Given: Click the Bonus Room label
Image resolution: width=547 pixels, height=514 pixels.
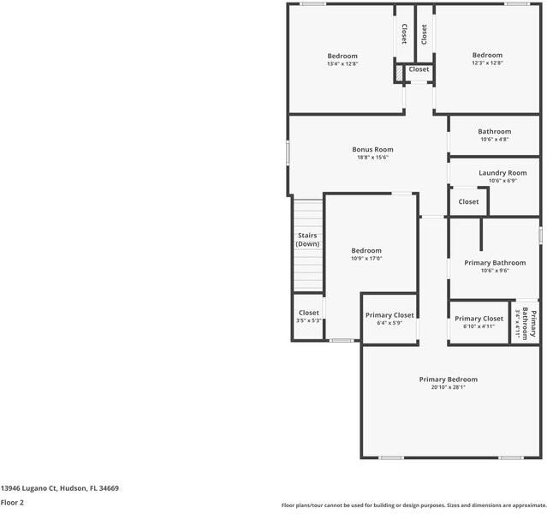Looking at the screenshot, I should pos(372,149).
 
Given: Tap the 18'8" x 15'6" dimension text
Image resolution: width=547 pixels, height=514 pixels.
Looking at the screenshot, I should pos(372,158).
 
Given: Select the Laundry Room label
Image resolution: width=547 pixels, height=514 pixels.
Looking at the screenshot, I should pos(502,172).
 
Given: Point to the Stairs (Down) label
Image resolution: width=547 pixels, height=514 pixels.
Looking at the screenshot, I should pos(307,239).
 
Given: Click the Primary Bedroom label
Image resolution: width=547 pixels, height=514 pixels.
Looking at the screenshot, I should pos(448,379).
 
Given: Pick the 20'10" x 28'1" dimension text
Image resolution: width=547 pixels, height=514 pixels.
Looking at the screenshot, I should pos(448,387).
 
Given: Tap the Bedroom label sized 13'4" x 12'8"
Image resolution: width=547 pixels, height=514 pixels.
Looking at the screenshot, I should pos(342,56).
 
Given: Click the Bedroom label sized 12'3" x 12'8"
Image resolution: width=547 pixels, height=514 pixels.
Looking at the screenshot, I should pos(487,56).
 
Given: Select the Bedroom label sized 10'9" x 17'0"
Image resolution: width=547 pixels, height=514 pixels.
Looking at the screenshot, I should pos(366,250).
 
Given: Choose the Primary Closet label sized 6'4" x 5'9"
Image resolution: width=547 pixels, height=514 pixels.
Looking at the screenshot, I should pos(389,314).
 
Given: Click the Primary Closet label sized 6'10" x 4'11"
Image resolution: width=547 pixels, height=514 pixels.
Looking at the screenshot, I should pos(479,318).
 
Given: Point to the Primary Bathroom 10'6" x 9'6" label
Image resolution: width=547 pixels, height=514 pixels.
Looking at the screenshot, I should pos(495,262).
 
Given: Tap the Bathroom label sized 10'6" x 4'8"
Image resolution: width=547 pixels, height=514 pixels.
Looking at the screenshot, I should pos(494,131).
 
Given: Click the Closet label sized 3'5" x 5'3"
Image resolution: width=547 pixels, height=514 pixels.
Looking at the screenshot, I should pos(308,313).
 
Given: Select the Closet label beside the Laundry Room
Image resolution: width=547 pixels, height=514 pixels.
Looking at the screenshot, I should pos(468,201).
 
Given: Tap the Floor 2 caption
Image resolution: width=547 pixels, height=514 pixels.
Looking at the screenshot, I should pos(12,503).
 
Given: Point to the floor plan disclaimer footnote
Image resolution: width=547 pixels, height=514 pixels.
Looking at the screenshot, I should pos(413,505).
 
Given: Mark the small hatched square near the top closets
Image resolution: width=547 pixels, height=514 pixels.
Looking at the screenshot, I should pos(399,75).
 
